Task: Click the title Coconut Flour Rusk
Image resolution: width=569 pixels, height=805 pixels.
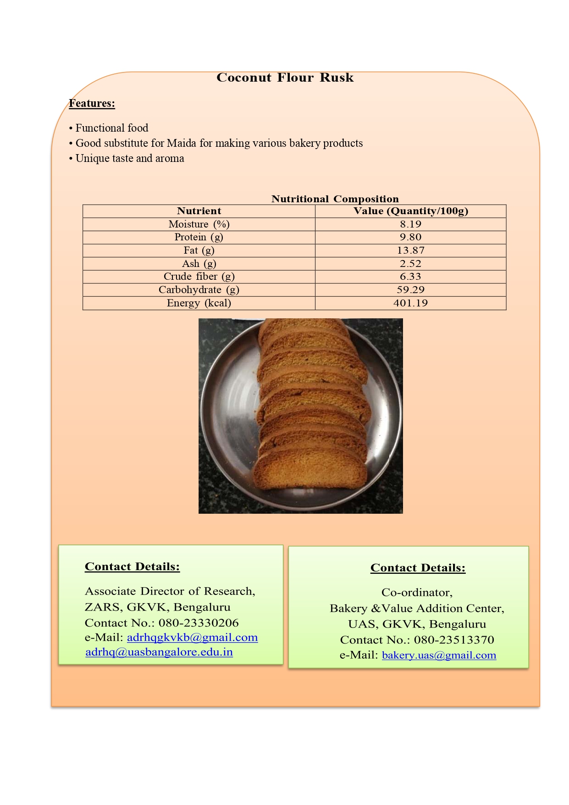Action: tap(285, 78)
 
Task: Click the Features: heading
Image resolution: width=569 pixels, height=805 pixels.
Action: tap(92, 104)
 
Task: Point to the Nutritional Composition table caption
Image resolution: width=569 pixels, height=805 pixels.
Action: tap(335, 199)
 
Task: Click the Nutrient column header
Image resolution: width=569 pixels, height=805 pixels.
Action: tap(199, 211)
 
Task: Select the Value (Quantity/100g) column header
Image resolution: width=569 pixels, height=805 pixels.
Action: tap(410, 211)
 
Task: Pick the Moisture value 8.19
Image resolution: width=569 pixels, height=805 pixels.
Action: tap(410, 224)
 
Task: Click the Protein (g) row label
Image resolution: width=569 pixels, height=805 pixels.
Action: tap(199, 237)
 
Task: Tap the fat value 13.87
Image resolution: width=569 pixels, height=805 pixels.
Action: tap(410, 250)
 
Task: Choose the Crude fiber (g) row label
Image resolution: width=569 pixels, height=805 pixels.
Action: tap(199, 277)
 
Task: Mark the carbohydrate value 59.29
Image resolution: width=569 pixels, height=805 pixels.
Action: tap(410, 290)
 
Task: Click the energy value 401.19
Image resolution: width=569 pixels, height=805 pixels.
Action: tap(410, 303)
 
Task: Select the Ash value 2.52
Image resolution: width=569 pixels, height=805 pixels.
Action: tap(410, 264)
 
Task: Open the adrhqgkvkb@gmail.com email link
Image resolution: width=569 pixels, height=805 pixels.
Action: tap(192, 638)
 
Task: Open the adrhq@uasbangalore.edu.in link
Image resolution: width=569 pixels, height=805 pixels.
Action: tap(159, 652)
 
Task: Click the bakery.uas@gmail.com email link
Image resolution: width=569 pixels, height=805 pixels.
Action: tap(439, 655)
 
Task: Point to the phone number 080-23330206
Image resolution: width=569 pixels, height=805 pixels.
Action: tap(199, 623)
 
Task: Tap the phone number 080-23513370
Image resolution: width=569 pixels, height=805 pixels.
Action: tap(454, 640)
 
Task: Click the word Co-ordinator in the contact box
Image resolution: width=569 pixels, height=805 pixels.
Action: tap(416, 593)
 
